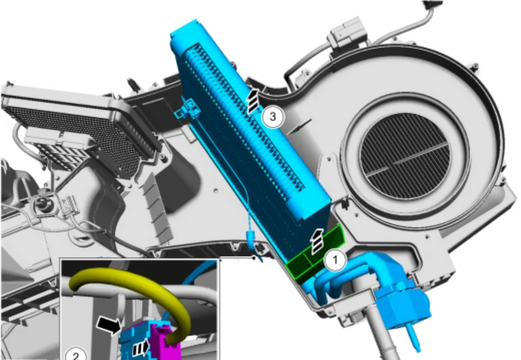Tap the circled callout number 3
point(273,117)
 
